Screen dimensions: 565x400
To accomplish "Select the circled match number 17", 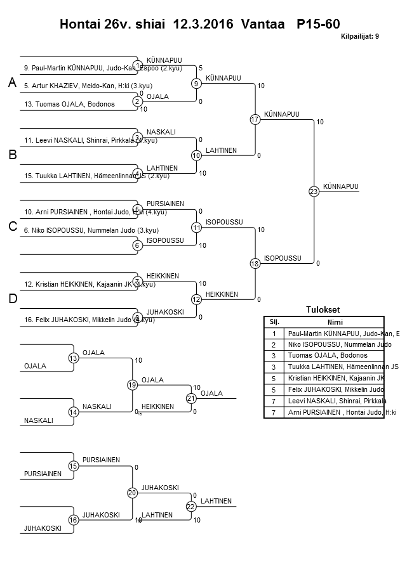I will [x=255, y=119].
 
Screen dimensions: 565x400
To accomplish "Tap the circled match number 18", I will [x=255, y=263].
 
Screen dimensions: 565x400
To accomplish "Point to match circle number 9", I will [x=197, y=83].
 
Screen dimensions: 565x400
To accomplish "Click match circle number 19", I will [x=132, y=385].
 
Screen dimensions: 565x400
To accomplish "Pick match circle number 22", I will [x=190, y=506].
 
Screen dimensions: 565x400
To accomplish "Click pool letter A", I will [x=12, y=82].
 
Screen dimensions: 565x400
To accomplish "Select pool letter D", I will [x=12, y=299].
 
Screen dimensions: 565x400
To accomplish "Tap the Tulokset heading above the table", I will [x=323, y=309].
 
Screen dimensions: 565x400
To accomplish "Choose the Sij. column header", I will [x=274, y=321].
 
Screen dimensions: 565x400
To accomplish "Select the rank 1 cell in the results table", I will [x=274, y=333].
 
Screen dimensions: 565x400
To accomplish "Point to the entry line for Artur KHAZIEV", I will [x=88, y=86].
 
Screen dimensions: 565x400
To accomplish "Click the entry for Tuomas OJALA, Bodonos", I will [x=70, y=104].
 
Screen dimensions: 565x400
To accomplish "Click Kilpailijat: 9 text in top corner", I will [x=359, y=37].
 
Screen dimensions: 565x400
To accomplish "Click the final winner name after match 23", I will [x=340, y=186].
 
